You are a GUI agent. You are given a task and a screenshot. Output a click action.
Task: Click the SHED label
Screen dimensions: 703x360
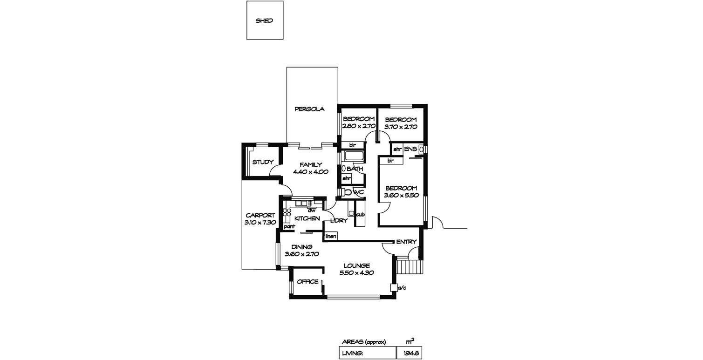click(x=264, y=20)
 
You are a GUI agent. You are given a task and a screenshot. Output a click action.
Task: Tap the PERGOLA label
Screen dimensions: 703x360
click(x=309, y=109)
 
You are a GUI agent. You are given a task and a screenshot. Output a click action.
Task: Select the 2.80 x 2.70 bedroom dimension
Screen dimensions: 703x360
click(x=359, y=126)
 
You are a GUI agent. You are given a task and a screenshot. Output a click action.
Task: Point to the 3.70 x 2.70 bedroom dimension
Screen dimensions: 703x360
click(x=401, y=127)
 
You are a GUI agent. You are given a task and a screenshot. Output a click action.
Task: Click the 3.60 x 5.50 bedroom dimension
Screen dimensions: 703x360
click(x=401, y=195)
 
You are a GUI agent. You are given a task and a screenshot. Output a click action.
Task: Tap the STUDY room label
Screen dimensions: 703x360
click(x=263, y=162)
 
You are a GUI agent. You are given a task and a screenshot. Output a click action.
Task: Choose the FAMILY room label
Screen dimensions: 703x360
click(x=311, y=164)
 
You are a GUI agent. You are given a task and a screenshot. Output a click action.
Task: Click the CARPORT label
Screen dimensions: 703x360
click(x=260, y=215)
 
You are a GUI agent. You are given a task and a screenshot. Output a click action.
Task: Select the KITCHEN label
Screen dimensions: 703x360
click(x=307, y=218)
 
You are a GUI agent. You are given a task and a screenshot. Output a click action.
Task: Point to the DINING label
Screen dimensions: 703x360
click(x=301, y=247)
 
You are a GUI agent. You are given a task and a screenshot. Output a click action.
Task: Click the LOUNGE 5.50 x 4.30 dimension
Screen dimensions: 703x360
click(x=356, y=273)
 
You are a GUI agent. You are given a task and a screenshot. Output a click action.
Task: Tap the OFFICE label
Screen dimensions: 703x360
click(x=307, y=282)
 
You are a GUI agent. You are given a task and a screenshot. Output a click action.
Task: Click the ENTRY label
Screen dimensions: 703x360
click(x=406, y=242)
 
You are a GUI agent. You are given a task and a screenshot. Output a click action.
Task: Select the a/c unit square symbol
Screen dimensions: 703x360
click(x=394, y=287)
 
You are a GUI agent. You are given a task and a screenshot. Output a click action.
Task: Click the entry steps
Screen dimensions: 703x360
click(x=409, y=265)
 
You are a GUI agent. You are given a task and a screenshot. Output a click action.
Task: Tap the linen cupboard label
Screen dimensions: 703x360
click(x=331, y=236)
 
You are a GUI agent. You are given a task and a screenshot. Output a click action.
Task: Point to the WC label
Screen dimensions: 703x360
click(x=359, y=192)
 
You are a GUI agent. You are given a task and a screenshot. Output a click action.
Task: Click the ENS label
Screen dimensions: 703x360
click(x=410, y=149)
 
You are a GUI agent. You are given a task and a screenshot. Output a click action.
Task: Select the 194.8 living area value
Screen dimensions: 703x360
click(x=411, y=353)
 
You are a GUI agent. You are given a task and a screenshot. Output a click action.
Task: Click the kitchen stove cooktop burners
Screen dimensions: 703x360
click(x=287, y=212)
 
